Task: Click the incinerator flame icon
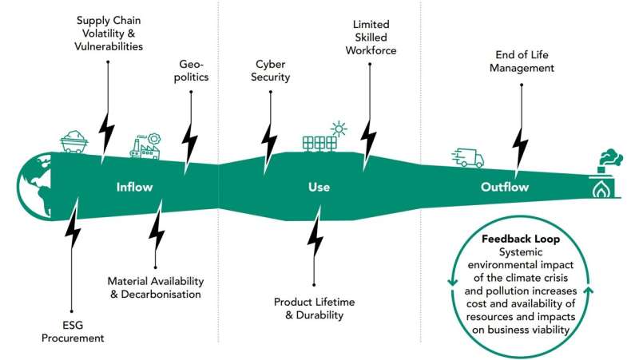pyautogui.click(x=604, y=186)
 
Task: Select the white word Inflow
pyautogui.click(x=134, y=188)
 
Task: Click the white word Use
pyautogui.click(x=319, y=188)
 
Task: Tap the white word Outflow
pyautogui.click(x=505, y=188)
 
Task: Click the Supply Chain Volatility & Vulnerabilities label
pyautogui.click(x=110, y=33)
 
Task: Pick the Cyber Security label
pyautogui.click(x=272, y=70)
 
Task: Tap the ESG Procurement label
pyautogui.click(x=73, y=331)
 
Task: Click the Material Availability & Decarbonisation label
pyautogui.click(x=156, y=288)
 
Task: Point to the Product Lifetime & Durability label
pyautogui.click(x=314, y=308)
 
